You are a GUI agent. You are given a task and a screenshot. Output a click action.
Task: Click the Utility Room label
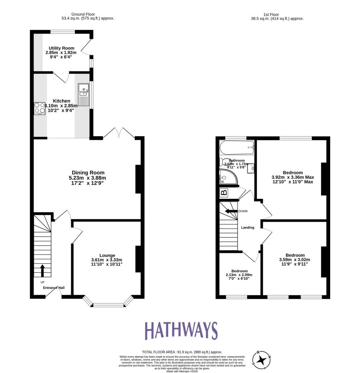(62, 48)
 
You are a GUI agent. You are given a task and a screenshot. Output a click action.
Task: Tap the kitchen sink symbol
(83, 94)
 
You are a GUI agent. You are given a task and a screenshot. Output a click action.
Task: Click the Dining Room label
(88, 173)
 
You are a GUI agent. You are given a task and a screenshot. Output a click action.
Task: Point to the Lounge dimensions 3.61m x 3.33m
(107, 260)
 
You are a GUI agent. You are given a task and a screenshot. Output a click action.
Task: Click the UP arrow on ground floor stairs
(42, 270)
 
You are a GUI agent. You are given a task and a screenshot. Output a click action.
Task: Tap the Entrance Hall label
(54, 288)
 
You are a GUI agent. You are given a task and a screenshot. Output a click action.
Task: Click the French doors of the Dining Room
(119, 133)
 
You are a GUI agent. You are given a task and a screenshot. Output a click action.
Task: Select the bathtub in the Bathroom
(237, 147)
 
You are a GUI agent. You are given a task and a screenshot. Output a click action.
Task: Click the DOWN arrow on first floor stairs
(231, 211)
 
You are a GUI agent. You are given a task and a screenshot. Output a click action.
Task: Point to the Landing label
(248, 228)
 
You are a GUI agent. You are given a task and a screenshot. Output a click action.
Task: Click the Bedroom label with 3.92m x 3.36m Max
(292, 173)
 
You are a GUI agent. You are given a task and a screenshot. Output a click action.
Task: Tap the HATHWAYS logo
(181, 331)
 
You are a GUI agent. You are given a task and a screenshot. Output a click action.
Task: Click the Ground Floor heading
(83, 14)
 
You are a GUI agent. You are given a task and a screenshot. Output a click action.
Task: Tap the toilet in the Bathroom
(223, 162)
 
